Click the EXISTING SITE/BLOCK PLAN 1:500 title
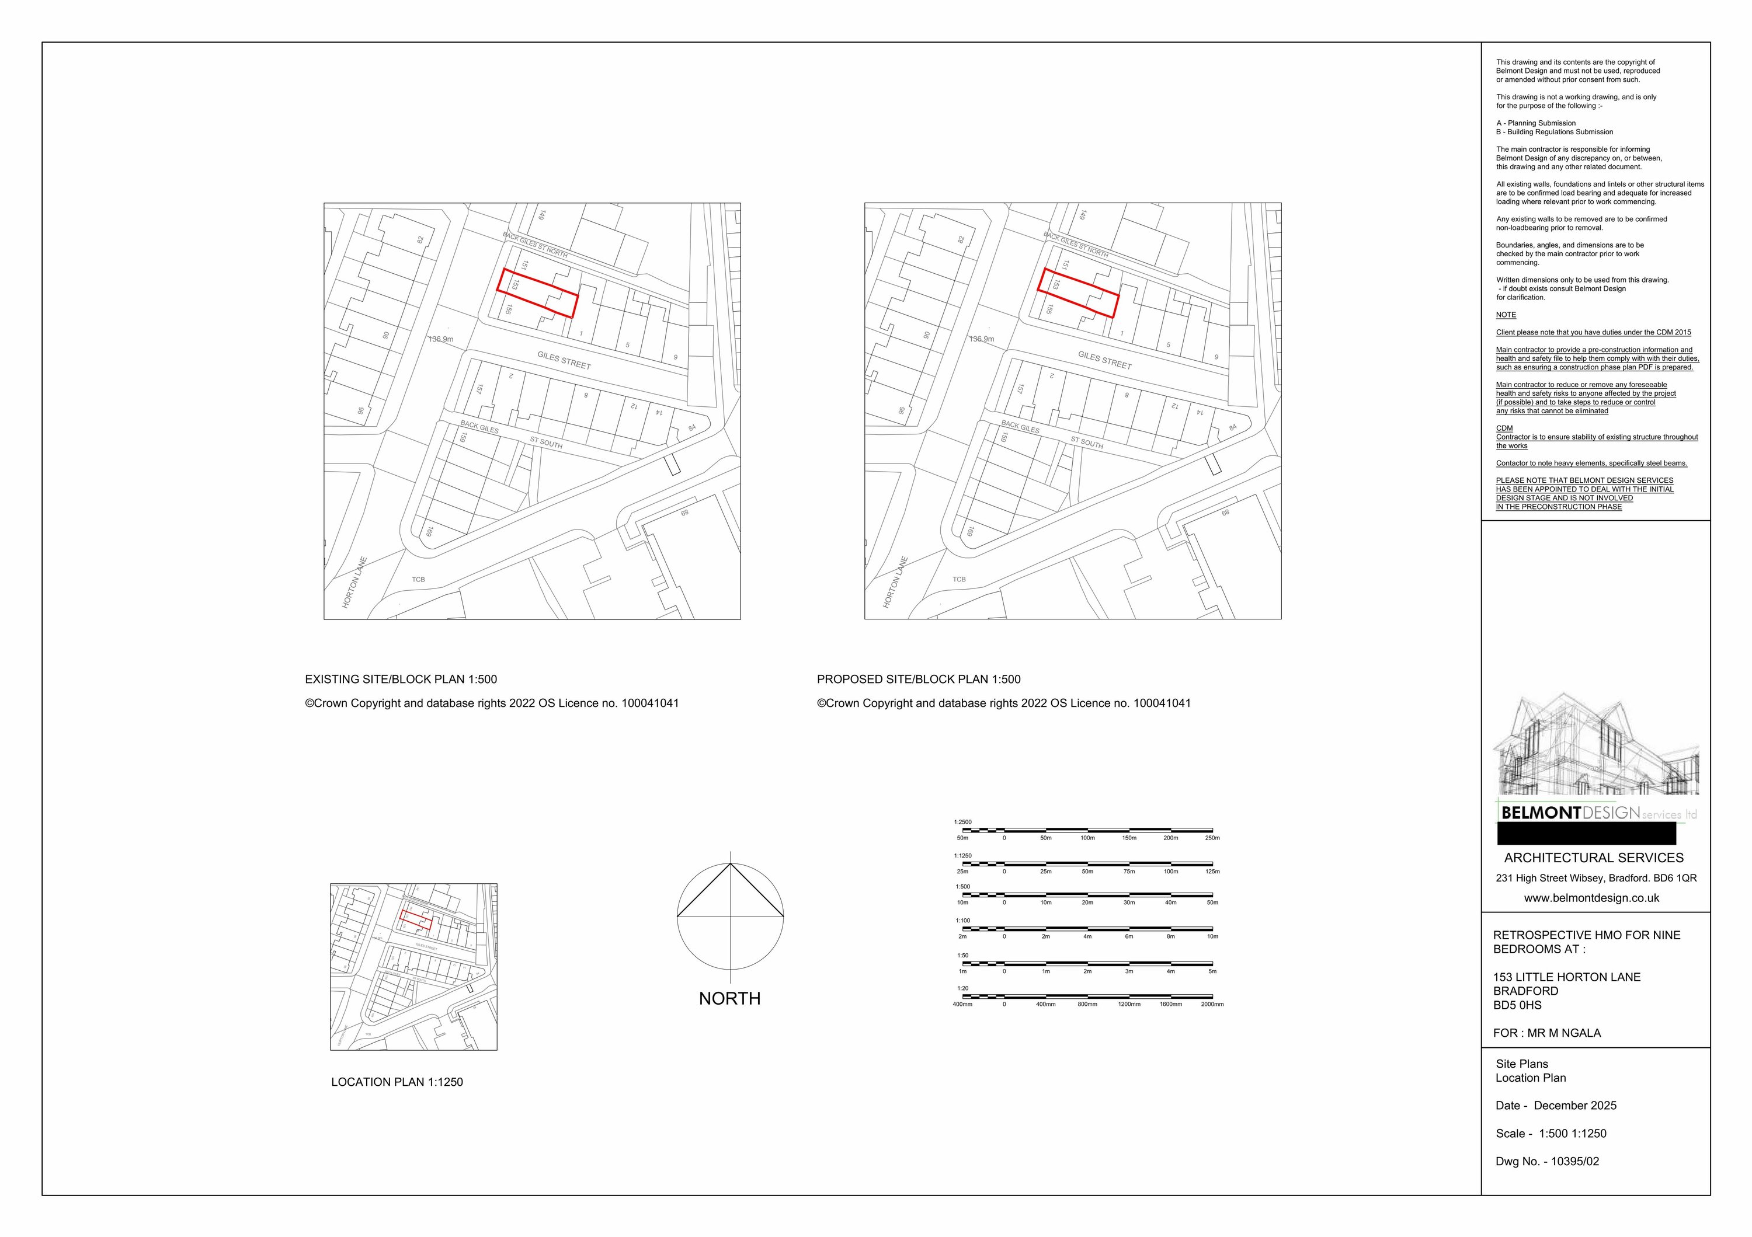point(401,680)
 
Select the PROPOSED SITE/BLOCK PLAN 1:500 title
point(918,680)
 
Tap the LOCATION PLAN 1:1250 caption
point(397,1081)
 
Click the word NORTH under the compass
point(729,998)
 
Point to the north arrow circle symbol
point(730,915)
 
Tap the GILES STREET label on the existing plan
point(564,360)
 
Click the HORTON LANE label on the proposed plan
point(896,582)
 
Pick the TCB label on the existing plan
point(418,580)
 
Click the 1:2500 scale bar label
point(962,822)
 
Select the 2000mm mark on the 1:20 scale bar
point(1212,1005)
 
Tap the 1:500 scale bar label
point(962,887)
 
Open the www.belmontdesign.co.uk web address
point(1592,898)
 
